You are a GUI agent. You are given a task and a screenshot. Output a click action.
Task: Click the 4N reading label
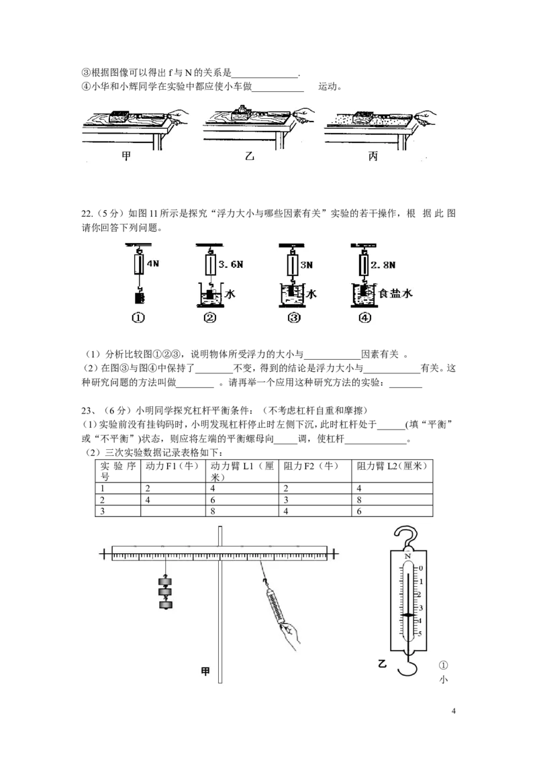(152, 264)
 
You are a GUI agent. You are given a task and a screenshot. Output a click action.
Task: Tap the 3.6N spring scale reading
(231, 265)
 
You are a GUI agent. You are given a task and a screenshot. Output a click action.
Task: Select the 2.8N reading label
(383, 265)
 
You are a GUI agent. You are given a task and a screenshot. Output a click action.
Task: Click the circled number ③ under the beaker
(294, 318)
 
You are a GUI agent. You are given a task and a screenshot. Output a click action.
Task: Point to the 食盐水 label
(395, 293)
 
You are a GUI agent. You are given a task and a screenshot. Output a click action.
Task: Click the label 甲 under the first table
(126, 156)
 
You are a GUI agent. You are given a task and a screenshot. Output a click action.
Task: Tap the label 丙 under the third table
(373, 156)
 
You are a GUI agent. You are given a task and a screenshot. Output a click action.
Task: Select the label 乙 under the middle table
(250, 156)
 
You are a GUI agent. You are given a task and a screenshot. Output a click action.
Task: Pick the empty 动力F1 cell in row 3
(173, 512)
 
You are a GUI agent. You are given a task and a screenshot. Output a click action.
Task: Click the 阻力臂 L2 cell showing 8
(392, 500)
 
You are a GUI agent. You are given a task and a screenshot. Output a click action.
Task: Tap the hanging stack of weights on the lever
(165, 592)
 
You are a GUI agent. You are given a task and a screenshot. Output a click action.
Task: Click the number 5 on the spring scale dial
(420, 634)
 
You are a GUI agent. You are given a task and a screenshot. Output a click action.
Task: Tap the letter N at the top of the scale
(407, 556)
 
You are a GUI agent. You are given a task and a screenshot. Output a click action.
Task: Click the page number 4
(454, 711)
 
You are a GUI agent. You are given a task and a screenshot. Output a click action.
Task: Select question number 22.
(87, 213)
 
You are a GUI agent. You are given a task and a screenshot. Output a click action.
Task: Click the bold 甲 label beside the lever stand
(205, 671)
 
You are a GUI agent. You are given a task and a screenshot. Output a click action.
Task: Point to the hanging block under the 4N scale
(140, 296)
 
